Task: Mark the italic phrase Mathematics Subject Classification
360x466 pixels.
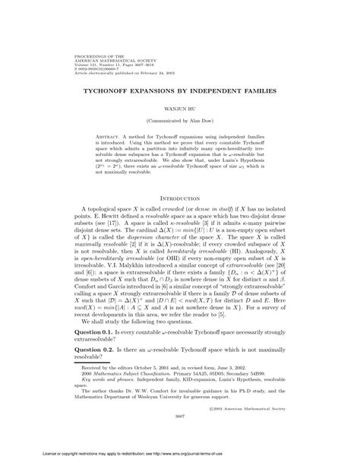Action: pos(133,387)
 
